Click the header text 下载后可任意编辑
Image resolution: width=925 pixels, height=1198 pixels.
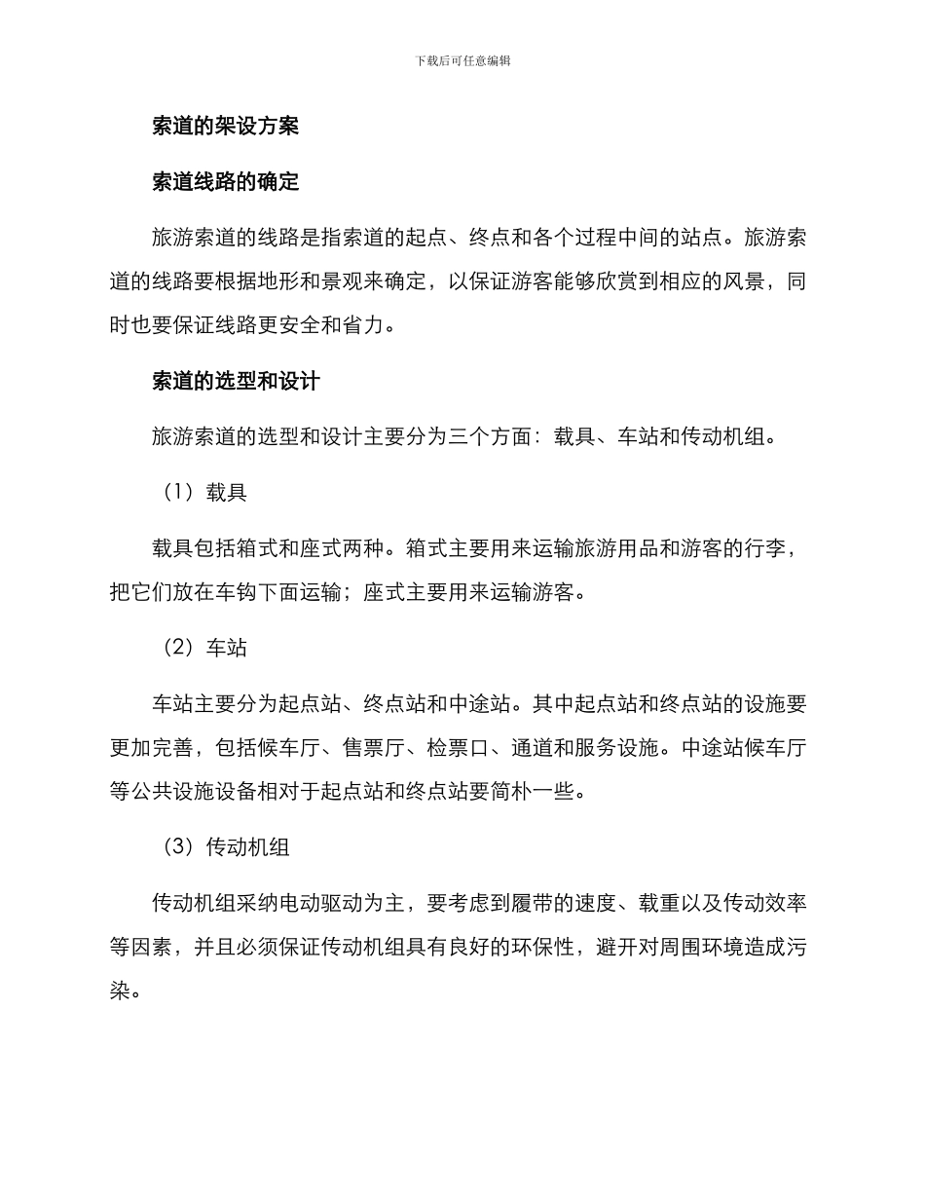(462, 60)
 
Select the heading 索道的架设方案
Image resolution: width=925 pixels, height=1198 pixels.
(226, 126)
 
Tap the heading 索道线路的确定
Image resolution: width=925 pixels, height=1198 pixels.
(226, 182)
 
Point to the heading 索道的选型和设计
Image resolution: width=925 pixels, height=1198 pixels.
(237, 381)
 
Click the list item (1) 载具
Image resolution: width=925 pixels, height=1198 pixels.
(204, 493)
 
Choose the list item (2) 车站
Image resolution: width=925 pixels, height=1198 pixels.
(204, 648)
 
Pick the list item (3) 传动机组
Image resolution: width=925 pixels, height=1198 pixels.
(226, 847)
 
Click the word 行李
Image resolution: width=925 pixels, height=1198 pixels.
(776, 547)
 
